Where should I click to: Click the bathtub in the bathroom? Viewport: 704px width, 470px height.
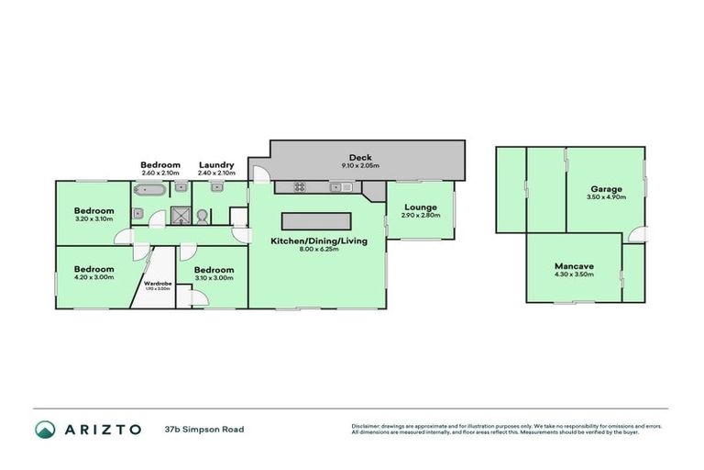coord(148,190)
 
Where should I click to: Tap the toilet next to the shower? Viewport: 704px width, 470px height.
coord(201,217)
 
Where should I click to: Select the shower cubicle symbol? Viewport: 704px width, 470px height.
coord(181,217)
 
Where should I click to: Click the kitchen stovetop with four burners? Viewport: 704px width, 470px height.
coord(299,187)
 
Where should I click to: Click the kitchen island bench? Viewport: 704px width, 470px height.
coord(317,221)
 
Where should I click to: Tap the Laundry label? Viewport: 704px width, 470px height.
coord(216,165)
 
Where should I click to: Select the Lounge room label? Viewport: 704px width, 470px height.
coord(421,207)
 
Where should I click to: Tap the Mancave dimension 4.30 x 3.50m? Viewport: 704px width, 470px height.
coord(575,274)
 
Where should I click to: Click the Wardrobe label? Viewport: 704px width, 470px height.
coord(159,283)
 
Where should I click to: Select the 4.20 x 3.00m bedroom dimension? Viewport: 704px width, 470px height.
coord(93,277)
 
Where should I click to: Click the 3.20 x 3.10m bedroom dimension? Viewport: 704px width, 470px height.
coord(93,219)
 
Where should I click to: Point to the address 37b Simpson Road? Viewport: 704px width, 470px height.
coord(204,429)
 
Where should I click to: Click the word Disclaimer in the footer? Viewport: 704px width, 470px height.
coord(367,426)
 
